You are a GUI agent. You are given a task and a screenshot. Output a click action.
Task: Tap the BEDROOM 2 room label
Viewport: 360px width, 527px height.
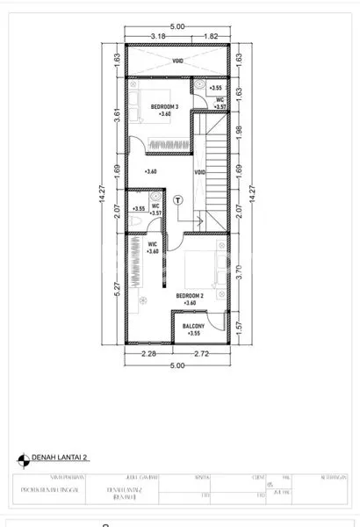click(190, 296)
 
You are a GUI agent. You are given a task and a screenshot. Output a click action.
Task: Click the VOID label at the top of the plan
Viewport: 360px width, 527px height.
click(178, 61)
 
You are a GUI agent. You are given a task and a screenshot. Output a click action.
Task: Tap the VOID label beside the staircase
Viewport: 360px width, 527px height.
click(200, 171)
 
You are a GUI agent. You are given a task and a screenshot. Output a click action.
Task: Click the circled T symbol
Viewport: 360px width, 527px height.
click(178, 199)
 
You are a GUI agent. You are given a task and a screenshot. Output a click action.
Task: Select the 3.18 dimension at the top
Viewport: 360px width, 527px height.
click(158, 37)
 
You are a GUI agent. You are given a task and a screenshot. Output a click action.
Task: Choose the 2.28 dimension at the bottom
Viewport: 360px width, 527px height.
click(149, 354)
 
